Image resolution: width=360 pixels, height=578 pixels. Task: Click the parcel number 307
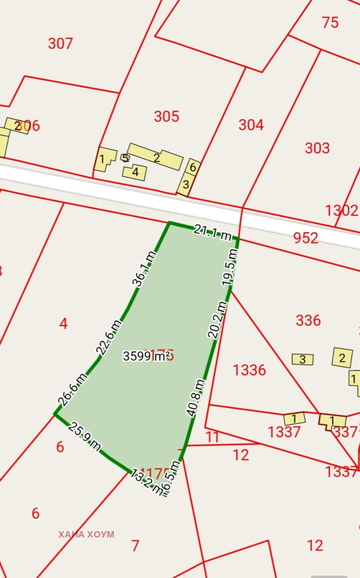tap(60, 44)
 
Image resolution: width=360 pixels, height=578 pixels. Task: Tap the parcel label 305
tap(166, 117)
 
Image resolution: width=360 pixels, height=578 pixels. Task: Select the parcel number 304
tap(251, 125)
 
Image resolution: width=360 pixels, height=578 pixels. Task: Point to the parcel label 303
tap(317, 148)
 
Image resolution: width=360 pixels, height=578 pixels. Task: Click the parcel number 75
tap(330, 22)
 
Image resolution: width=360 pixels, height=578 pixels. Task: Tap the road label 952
tap(306, 238)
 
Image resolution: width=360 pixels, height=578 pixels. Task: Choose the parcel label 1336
tap(249, 370)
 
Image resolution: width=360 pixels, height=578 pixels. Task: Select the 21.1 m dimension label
tap(212, 233)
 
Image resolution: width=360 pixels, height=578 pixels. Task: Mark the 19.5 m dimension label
tap(229, 267)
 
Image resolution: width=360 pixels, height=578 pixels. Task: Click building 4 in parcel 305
tap(135, 172)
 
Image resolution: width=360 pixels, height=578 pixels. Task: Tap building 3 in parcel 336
tap(302, 359)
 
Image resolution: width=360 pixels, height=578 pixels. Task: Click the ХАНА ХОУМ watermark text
tap(86, 534)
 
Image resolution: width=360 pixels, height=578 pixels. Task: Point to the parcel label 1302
tap(341, 210)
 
